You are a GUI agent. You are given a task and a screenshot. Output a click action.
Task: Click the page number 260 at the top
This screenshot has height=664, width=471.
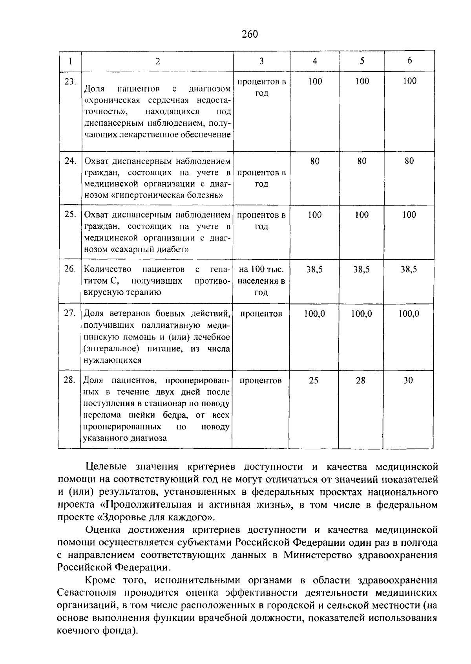coord(250,34)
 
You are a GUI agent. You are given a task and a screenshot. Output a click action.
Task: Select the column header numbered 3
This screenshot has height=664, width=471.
coord(261,61)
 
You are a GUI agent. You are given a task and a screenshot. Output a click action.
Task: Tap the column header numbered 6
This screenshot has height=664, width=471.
coord(409,61)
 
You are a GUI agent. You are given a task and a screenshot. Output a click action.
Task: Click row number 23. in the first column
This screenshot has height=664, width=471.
coord(70,81)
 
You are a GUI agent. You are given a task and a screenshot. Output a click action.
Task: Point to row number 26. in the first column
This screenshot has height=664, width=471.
coord(70,270)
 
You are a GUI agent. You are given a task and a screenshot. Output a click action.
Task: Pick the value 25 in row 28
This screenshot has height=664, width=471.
coord(314,380)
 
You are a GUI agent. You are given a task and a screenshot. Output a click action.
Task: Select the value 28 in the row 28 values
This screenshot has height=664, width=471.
coord(361,380)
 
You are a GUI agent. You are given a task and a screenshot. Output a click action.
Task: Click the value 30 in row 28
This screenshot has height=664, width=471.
coord(408,380)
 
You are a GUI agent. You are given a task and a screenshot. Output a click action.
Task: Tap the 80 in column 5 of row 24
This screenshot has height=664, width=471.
coord(362,161)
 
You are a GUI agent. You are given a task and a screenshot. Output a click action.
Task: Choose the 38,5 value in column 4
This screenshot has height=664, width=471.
coord(314,270)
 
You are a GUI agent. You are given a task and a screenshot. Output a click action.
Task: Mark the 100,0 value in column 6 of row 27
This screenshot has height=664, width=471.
coord(409,314)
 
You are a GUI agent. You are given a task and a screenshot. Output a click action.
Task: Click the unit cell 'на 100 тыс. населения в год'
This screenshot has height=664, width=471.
coord(261,281)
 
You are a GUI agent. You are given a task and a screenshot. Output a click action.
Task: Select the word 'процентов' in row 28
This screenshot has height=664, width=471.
coord(261,380)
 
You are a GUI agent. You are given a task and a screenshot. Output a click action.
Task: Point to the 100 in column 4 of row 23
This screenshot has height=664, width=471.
coord(315,81)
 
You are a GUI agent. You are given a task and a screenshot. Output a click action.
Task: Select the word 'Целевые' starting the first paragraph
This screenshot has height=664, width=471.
coord(106,467)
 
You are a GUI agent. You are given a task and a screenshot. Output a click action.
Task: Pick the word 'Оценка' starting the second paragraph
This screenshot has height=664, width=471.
coord(102,530)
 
